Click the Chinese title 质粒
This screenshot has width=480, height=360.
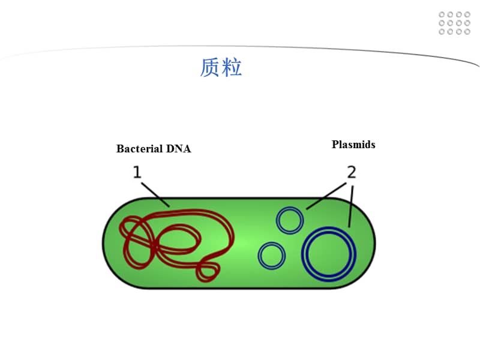tap(221, 68)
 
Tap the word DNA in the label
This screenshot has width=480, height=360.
tap(179, 149)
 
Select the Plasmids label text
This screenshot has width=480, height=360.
tap(353, 145)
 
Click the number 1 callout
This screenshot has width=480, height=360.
tap(137, 173)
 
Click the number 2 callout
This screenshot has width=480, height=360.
tap(352, 173)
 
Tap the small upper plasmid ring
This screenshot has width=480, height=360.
tap(290, 220)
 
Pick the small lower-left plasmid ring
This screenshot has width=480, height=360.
tap(271, 255)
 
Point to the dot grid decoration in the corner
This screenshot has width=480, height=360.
tap(454, 23)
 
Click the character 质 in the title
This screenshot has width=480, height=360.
tap(211, 68)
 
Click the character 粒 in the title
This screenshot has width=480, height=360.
tap(232, 68)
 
